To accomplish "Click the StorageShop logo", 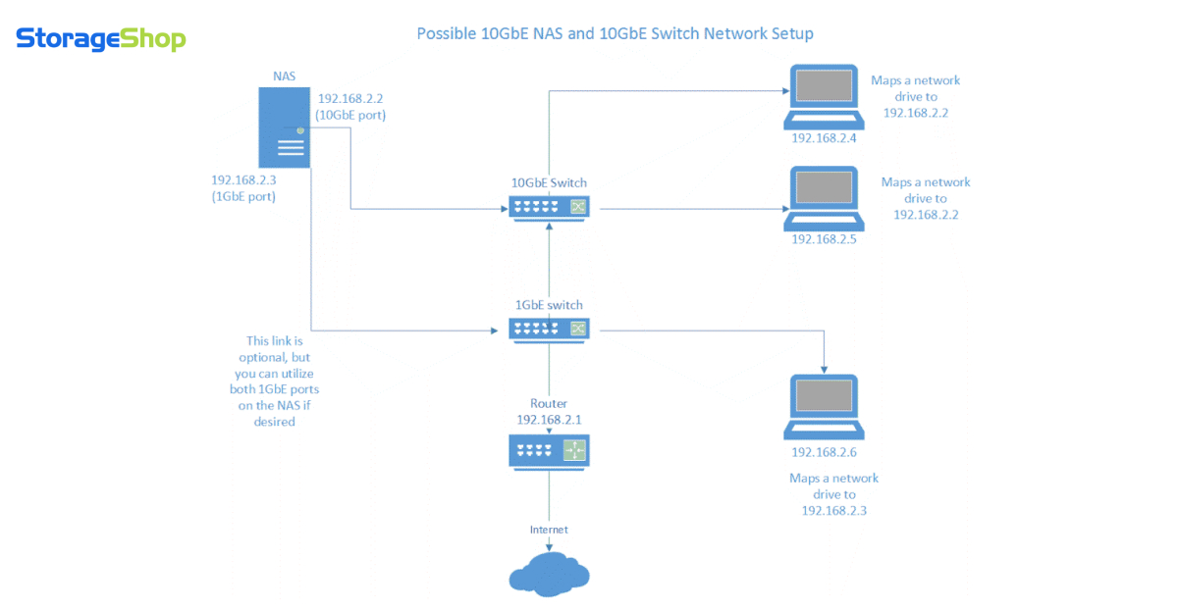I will point(100,39).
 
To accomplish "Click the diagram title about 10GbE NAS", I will point(616,33).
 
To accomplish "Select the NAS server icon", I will point(285,127).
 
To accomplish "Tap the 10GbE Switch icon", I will point(549,207).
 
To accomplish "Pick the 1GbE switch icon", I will point(549,330).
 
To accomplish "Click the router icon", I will point(549,450).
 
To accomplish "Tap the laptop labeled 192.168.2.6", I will point(824,407).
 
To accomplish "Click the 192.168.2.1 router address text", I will point(549,419).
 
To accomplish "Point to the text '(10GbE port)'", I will point(350,116).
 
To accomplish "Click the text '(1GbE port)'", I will point(243,196).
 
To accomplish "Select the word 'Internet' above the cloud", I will point(549,530).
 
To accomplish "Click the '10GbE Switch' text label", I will point(548,182).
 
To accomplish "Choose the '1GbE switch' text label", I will point(548,305).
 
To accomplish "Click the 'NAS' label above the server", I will point(283,76).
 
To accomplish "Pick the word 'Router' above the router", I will point(549,403).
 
